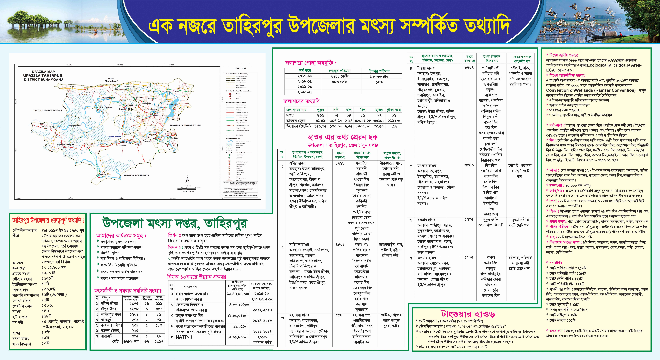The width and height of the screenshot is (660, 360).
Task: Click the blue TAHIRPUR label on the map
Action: pyautogui.click(x=115, y=137)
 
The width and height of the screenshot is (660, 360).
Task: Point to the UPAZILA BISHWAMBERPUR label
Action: pyautogui.click(x=186, y=125)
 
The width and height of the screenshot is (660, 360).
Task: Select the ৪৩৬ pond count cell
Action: pyautogui.click(x=320, y=115)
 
